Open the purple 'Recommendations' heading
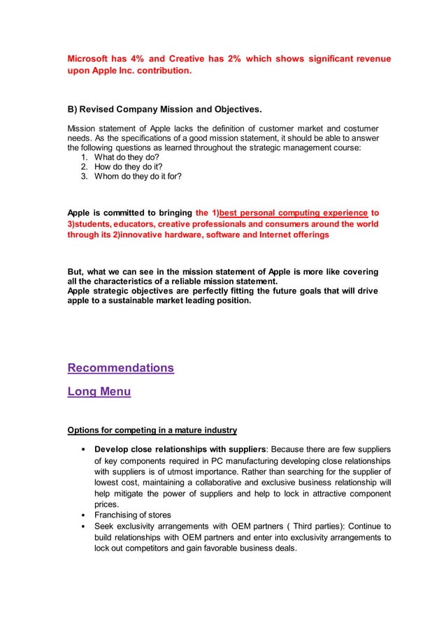pyautogui.click(x=120, y=368)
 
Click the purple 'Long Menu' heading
pyautogui.click(x=99, y=392)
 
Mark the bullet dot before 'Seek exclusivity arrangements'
pyautogui.click(x=84, y=527)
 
